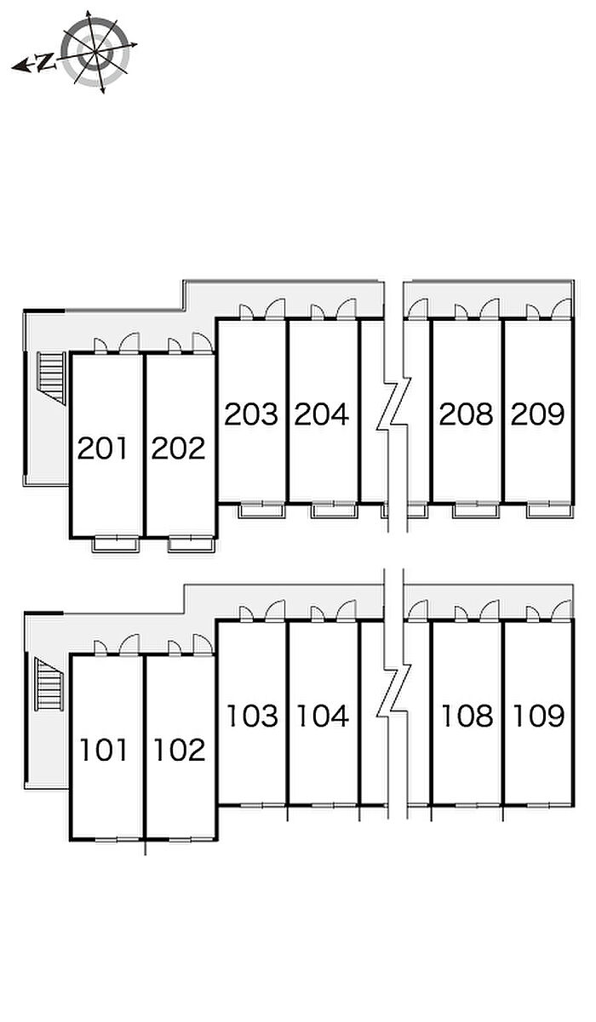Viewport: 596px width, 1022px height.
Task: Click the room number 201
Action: click(x=102, y=448)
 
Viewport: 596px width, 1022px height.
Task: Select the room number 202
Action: click(x=179, y=448)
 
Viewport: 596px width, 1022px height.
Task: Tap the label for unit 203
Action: click(x=251, y=414)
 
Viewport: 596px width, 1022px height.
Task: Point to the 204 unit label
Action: click(x=322, y=414)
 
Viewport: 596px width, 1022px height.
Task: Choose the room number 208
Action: click(x=466, y=414)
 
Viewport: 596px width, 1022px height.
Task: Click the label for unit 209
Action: click(x=537, y=414)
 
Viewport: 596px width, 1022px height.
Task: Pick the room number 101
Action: click(x=104, y=751)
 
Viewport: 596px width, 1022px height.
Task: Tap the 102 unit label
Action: click(x=180, y=751)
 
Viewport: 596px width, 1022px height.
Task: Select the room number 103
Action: click(x=252, y=716)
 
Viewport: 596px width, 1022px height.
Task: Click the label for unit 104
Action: click(x=323, y=716)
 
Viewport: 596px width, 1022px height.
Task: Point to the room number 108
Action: click(x=467, y=716)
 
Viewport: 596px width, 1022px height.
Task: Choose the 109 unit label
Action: click(x=539, y=716)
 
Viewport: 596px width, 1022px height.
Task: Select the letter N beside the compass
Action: click(x=45, y=62)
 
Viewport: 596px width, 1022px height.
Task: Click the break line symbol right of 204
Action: click(x=393, y=404)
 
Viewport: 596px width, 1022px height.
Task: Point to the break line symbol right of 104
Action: click(x=393, y=691)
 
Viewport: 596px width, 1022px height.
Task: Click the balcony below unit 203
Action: click(x=261, y=511)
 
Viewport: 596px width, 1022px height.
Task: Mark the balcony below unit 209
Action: click(x=549, y=511)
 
